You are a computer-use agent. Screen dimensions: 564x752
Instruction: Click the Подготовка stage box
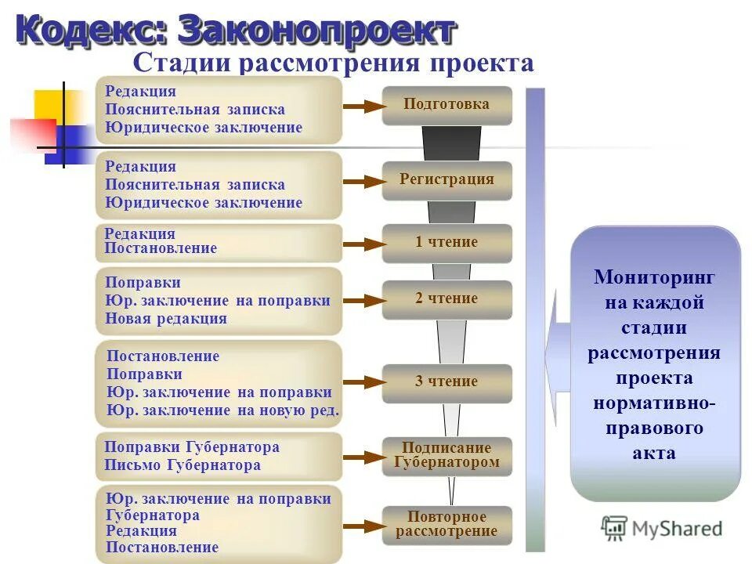coord(446,105)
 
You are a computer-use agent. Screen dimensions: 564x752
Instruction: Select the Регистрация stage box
coord(446,180)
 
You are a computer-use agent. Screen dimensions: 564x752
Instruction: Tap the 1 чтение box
coord(446,243)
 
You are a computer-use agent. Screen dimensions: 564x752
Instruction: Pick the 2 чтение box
coord(446,299)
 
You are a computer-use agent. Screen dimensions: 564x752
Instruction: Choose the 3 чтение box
coord(446,382)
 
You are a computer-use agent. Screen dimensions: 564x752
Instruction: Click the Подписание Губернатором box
coord(446,456)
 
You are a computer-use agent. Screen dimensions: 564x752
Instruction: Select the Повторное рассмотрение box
coord(446,525)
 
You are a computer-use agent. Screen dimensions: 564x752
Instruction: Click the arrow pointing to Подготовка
coord(361,107)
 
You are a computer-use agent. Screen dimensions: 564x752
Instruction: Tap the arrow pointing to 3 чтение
coord(361,383)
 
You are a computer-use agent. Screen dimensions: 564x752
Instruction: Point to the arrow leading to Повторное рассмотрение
coord(361,526)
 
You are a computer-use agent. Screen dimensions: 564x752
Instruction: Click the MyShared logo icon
coord(615,529)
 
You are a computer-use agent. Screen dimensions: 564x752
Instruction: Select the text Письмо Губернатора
coord(183,465)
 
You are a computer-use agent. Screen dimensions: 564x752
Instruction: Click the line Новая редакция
coord(166,319)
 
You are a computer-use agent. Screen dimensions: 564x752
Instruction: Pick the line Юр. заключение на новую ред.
coord(223,410)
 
